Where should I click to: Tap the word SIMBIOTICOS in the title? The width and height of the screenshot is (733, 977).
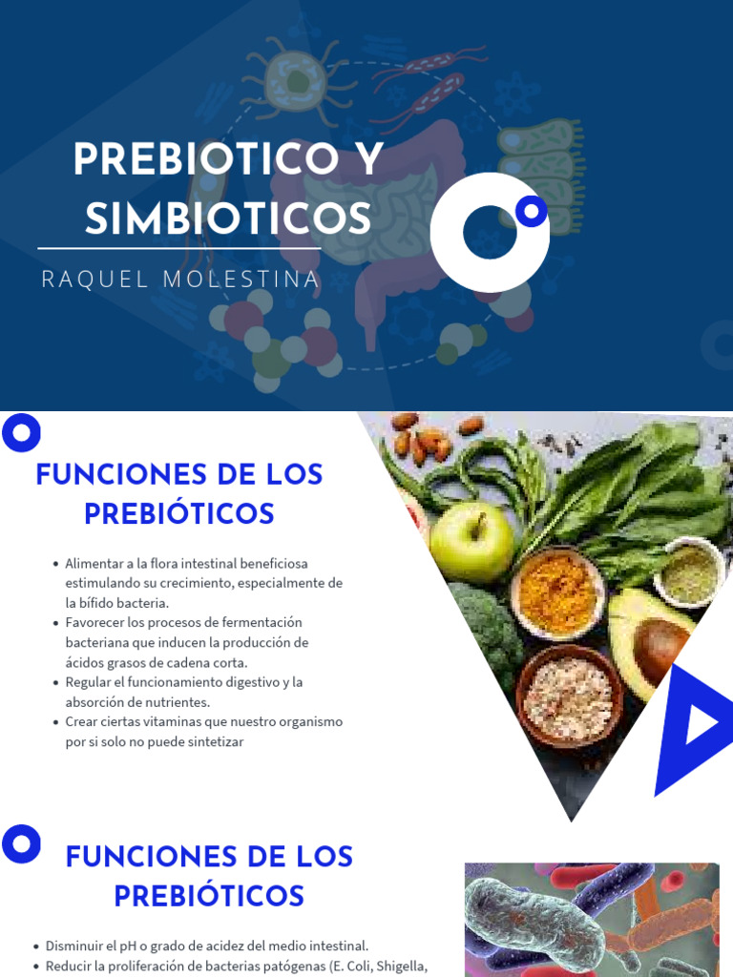[228, 219]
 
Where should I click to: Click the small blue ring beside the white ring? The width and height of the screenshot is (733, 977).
[531, 210]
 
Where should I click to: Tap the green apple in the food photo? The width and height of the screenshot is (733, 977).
[471, 542]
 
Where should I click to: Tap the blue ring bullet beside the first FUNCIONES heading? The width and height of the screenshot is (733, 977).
[21, 434]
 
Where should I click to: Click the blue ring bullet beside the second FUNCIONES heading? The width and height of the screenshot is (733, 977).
[21, 844]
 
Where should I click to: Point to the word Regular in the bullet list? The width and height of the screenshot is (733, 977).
[90, 682]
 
